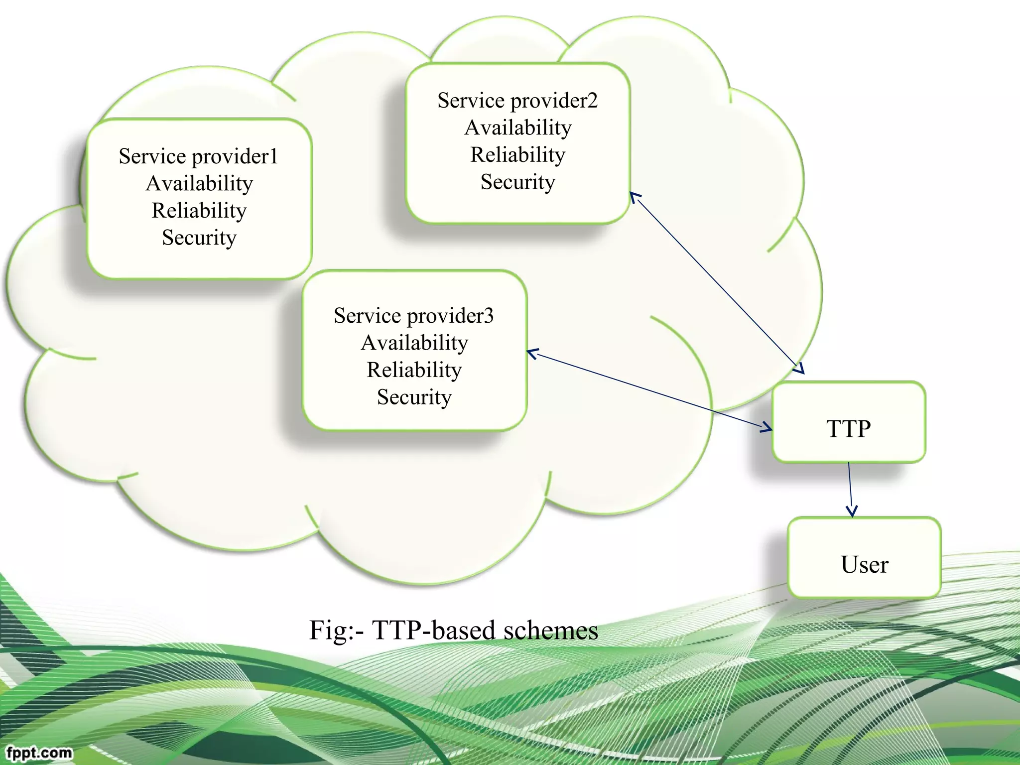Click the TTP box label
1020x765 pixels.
point(848,429)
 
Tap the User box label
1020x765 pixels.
point(864,565)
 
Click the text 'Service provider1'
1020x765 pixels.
point(198,156)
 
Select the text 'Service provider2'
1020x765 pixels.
point(517,101)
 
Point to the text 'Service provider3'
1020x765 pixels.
point(414,316)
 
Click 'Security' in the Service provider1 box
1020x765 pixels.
point(199,238)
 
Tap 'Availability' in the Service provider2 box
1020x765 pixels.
point(517,127)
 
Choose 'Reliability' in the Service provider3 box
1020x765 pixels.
point(414,370)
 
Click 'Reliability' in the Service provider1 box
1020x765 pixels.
point(199,210)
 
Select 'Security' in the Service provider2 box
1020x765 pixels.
point(517,182)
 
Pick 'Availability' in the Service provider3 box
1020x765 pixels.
point(414,343)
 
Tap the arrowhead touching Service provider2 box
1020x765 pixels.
point(635,196)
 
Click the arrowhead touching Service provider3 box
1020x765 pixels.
point(532,354)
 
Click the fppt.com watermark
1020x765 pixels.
point(39,752)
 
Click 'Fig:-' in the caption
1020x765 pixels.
point(337,630)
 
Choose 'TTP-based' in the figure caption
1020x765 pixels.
point(434,630)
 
